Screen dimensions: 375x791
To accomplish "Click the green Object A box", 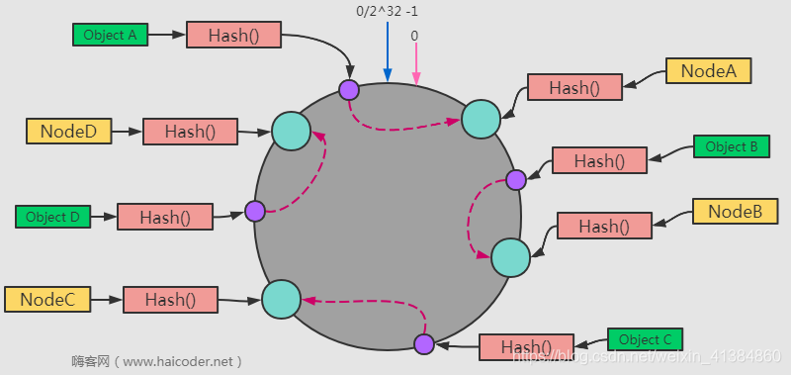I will [110, 35].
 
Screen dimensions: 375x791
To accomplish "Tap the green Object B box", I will [732, 146].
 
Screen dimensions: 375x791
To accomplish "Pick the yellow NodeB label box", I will [735, 212].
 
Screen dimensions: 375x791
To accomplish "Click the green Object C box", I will [645, 340].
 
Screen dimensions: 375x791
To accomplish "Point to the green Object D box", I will [52, 217].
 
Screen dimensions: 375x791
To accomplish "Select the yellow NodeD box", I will [68, 131].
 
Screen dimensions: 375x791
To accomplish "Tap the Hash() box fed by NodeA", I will [574, 87].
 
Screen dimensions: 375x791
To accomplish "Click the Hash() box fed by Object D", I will [165, 217].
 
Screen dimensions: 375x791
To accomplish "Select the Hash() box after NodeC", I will [170, 299].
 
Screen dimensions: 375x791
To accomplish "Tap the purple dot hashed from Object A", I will [348, 90].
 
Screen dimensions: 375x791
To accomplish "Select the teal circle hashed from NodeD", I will [291, 131].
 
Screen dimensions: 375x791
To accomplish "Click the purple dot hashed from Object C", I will [424, 343].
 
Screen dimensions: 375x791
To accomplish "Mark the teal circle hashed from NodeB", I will [510, 257].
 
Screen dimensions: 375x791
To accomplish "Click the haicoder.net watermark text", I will [157, 360].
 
